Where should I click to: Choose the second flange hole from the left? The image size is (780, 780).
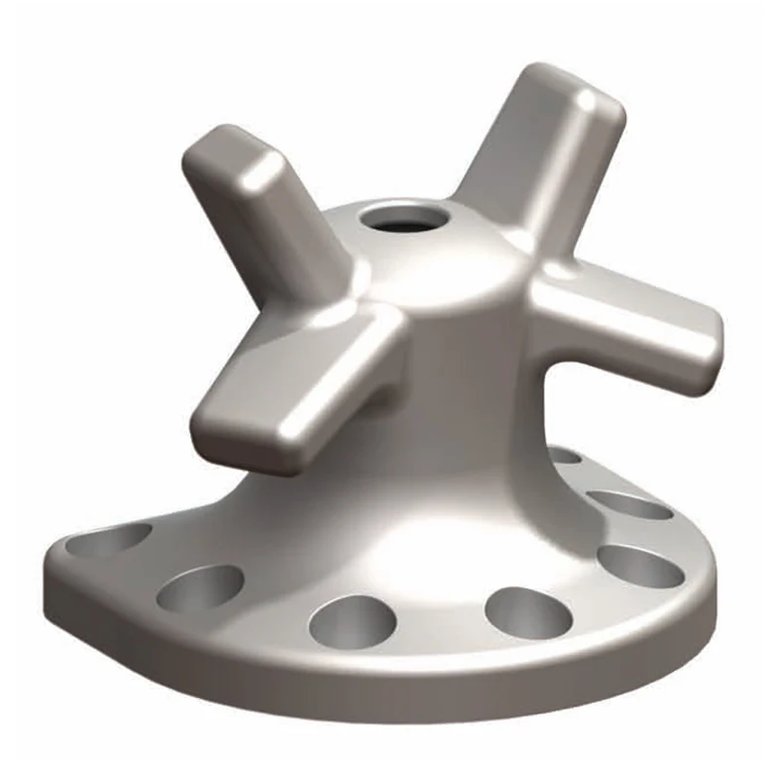point(199,588)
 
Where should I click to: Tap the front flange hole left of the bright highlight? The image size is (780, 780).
point(352,621)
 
